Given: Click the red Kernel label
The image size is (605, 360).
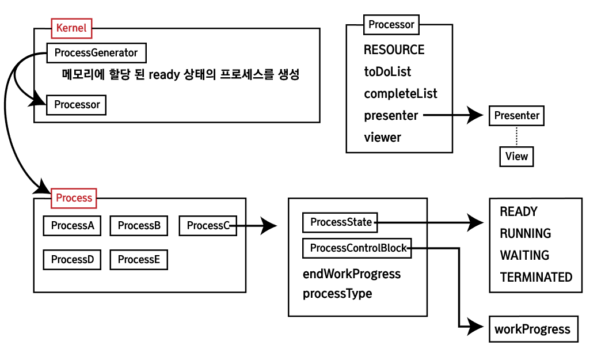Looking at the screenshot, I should pos(71,28).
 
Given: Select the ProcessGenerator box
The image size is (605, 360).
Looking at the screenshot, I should pos(96,53).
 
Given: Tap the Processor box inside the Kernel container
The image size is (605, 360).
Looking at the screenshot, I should pos(77,105).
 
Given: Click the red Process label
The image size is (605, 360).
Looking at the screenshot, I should pos(74,198).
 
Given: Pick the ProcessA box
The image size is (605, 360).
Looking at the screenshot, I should pos(72,226).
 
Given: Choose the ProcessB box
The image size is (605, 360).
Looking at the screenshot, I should pos(139,226).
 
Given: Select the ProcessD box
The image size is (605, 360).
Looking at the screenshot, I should pos(72,260).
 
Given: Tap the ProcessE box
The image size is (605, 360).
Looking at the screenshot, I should pos(139,260).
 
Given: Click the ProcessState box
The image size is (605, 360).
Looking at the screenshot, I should pos(341,222).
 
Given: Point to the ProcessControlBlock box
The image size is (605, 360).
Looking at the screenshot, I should pos(357,248).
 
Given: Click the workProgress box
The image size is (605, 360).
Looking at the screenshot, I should pos(532,329).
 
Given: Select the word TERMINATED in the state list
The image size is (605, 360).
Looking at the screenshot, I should pos(536,277).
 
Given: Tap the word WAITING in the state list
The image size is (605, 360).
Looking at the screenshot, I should pos(524,255).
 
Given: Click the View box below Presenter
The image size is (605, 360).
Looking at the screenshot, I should pos(516,156).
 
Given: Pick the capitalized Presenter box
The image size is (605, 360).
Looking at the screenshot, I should pos(516,115).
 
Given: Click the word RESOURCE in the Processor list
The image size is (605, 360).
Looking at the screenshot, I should pos(394,50).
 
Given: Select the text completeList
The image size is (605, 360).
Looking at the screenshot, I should pos(400,93).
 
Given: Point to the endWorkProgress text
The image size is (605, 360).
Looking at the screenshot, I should pos(351,274).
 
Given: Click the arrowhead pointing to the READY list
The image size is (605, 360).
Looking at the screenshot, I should pos(476,222).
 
